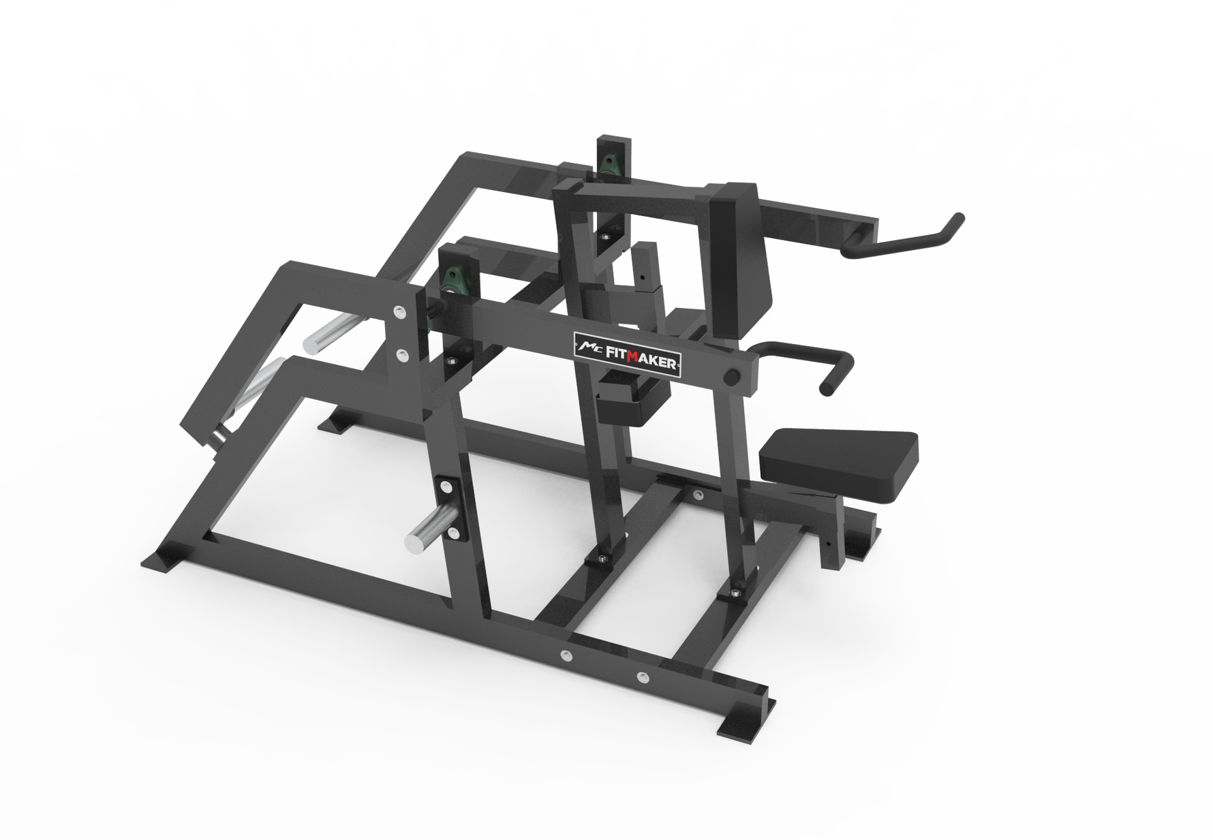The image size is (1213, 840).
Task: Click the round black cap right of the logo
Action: pyautogui.click(x=732, y=376)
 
